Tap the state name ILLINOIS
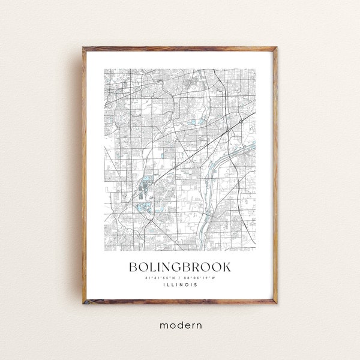click(x=180, y=286)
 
